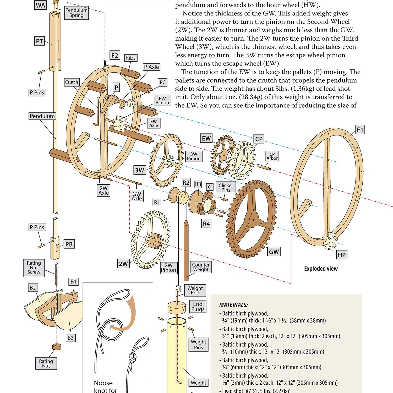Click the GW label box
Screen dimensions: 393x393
click(274, 252)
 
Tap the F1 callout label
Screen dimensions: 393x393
click(360, 130)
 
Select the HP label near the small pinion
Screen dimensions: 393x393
click(341, 255)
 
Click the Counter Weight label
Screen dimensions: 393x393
click(201, 267)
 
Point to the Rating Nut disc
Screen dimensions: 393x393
click(57, 347)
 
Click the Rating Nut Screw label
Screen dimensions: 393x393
click(34, 268)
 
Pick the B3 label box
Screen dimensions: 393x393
click(70, 338)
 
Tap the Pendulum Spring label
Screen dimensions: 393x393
click(76, 13)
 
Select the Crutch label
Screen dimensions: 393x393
click(72, 82)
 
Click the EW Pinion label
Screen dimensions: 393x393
click(162, 101)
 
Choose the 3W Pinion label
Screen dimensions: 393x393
click(194, 156)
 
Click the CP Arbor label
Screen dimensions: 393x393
click(272, 156)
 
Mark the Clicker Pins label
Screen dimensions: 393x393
click(226, 187)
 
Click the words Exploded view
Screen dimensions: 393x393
click(321, 269)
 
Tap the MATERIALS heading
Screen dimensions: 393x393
click(233, 305)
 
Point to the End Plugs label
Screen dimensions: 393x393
click(198, 307)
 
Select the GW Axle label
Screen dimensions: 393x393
click(137, 196)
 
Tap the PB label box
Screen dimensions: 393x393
click(69, 244)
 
